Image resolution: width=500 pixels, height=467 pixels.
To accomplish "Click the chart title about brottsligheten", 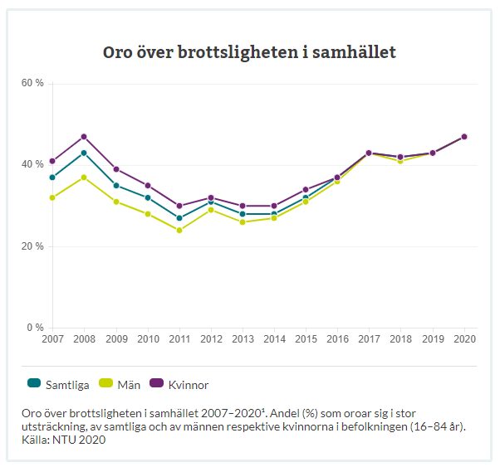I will [x=249, y=52].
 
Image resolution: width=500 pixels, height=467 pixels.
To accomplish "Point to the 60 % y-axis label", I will [x=32, y=84].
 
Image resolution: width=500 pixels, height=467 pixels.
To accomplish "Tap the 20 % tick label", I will [x=32, y=246].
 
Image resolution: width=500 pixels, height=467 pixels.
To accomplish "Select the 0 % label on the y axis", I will [x=35, y=328].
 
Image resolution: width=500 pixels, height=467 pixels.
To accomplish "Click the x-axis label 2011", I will [x=179, y=339].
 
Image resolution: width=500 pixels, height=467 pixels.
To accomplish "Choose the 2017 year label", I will [x=368, y=339].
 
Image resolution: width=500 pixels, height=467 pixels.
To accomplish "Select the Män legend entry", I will [x=121, y=385].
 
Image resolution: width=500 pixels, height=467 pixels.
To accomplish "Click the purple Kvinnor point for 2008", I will [x=84, y=136].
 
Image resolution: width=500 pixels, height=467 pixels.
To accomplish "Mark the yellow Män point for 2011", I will [x=179, y=230].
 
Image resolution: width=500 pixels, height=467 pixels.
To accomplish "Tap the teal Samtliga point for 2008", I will [x=84, y=153].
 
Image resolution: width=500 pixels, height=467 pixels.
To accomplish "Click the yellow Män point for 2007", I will [x=52, y=197].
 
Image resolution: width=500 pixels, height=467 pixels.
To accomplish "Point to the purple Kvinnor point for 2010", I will [x=147, y=185].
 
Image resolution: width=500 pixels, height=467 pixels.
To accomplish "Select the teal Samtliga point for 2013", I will [x=242, y=214].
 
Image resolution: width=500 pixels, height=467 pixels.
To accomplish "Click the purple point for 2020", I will [x=464, y=136].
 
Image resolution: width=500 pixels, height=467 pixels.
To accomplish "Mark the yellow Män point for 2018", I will [x=400, y=161].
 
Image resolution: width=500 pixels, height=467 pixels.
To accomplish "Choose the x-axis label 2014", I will [x=273, y=339].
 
